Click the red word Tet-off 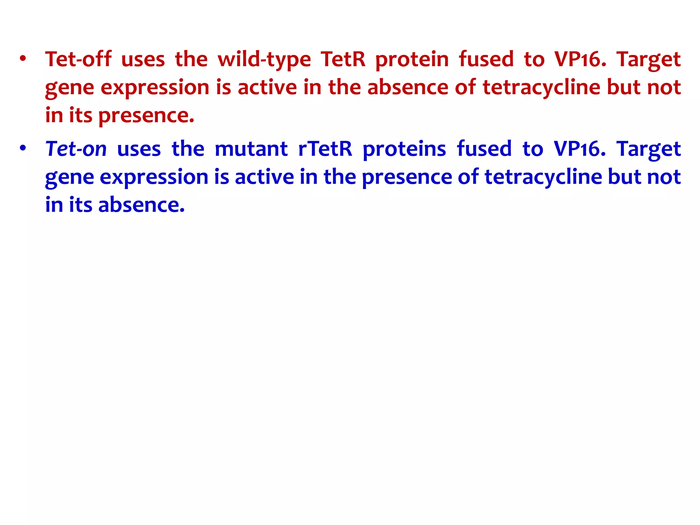[78, 59]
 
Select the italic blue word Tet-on [76, 149]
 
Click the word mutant [251, 149]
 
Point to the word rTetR [325, 149]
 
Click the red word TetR [343, 59]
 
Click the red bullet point [23, 59]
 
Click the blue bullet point [23, 149]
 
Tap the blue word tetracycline [543, 177]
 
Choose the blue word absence [141, 205]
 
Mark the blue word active [264, 177]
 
